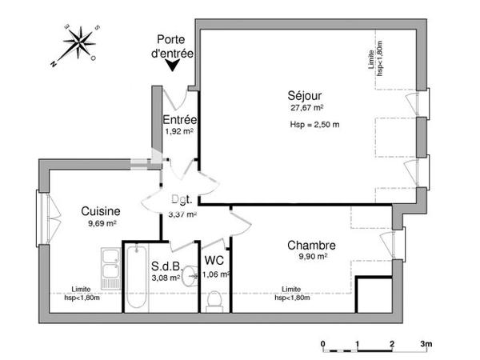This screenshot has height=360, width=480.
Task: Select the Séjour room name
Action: [x=306, y=94]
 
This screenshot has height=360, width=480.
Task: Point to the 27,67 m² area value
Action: [x=306, y=107]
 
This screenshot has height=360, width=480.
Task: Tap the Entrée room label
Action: [x=179, y=120]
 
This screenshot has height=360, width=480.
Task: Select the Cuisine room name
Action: [x=101, y=211]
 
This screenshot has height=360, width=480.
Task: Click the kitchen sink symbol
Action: [x=110, y=268]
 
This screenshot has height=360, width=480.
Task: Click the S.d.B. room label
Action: [x=164, y=266]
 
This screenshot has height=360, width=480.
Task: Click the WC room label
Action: [x=214, y=261]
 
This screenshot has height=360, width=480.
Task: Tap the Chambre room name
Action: [x=311, y=245]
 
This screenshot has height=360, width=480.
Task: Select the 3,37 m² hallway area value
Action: [x=182, y=214]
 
